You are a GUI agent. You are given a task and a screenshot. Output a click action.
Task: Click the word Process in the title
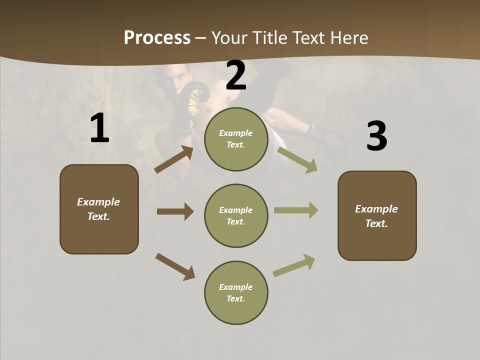(157, 37)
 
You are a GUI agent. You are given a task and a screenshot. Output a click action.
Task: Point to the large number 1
(99, 128)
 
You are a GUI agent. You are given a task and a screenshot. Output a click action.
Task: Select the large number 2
(236, 75)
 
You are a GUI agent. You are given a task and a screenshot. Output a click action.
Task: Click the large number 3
(376, 136)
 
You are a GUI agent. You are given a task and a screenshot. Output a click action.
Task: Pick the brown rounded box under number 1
(99, 209)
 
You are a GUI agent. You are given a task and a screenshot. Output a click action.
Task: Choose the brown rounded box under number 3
(377, 215)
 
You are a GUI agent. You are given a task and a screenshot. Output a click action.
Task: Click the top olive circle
(236, 139)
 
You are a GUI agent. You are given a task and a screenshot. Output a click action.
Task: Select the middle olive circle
(236, 215)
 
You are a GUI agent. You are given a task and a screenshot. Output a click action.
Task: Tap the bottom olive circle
(236, 292)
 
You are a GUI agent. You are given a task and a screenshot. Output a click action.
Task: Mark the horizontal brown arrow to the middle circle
(175, 211)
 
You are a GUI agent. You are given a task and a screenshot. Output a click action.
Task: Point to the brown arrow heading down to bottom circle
(175, 266)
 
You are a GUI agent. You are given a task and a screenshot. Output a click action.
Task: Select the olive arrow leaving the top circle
(297, 159)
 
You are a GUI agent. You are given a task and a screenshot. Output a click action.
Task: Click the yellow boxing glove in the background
(194, 102)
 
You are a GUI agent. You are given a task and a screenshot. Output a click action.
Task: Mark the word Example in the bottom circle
(235, 287)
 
